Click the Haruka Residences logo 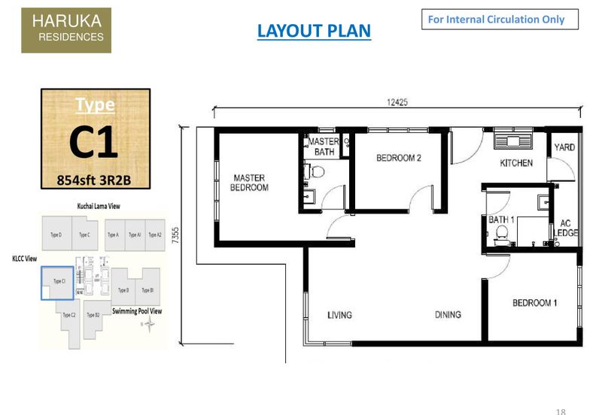[66, 31]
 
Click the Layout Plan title [314, 31]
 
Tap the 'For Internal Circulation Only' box [500, 20]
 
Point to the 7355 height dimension [175, 236]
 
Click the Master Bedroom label [249, 183]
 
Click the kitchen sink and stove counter [512, 141]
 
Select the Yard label [564, 148]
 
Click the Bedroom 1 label [534, 303]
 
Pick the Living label [339, 315]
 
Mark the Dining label [447, 315]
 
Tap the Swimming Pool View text [137, 310]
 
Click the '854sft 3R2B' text [95, 180]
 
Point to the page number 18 [561, 410]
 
